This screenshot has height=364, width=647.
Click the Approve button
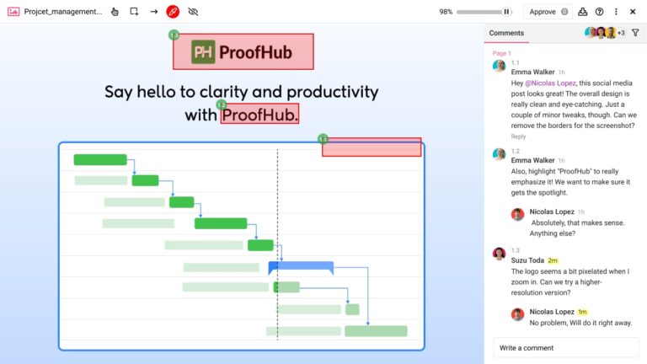(x=547, y=12)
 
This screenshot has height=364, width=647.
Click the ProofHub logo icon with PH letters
(x=203, y=52)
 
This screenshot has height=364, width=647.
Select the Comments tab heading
(x=506, y=33)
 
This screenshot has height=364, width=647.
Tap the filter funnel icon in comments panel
(x=635, y=33)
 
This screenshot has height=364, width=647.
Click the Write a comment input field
(x=565, y=347)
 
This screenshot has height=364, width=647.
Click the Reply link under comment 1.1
(x=518, y=136)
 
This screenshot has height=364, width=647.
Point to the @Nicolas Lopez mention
(x=552, y=83)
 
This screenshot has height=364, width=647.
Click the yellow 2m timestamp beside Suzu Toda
(x=553, y=260)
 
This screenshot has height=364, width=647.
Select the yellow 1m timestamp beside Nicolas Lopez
(x=582, y=312)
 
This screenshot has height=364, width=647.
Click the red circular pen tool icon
(x=173, y=12)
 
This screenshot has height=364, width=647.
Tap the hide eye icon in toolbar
(x=193, y=12)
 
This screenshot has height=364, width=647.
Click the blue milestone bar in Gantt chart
(x=301, y=267)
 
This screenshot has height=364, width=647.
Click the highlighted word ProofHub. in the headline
(x=259, y=115)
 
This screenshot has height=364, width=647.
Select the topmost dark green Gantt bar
(x=99, y=159)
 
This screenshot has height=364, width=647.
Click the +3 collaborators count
(x=621, y=33)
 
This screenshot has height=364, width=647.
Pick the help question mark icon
(x=599, y=12)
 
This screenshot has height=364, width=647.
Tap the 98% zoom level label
(x=446, y=12)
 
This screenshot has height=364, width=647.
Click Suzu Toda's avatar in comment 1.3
(x=500, y=254)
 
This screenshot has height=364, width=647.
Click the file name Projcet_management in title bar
(x=63, y=12)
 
